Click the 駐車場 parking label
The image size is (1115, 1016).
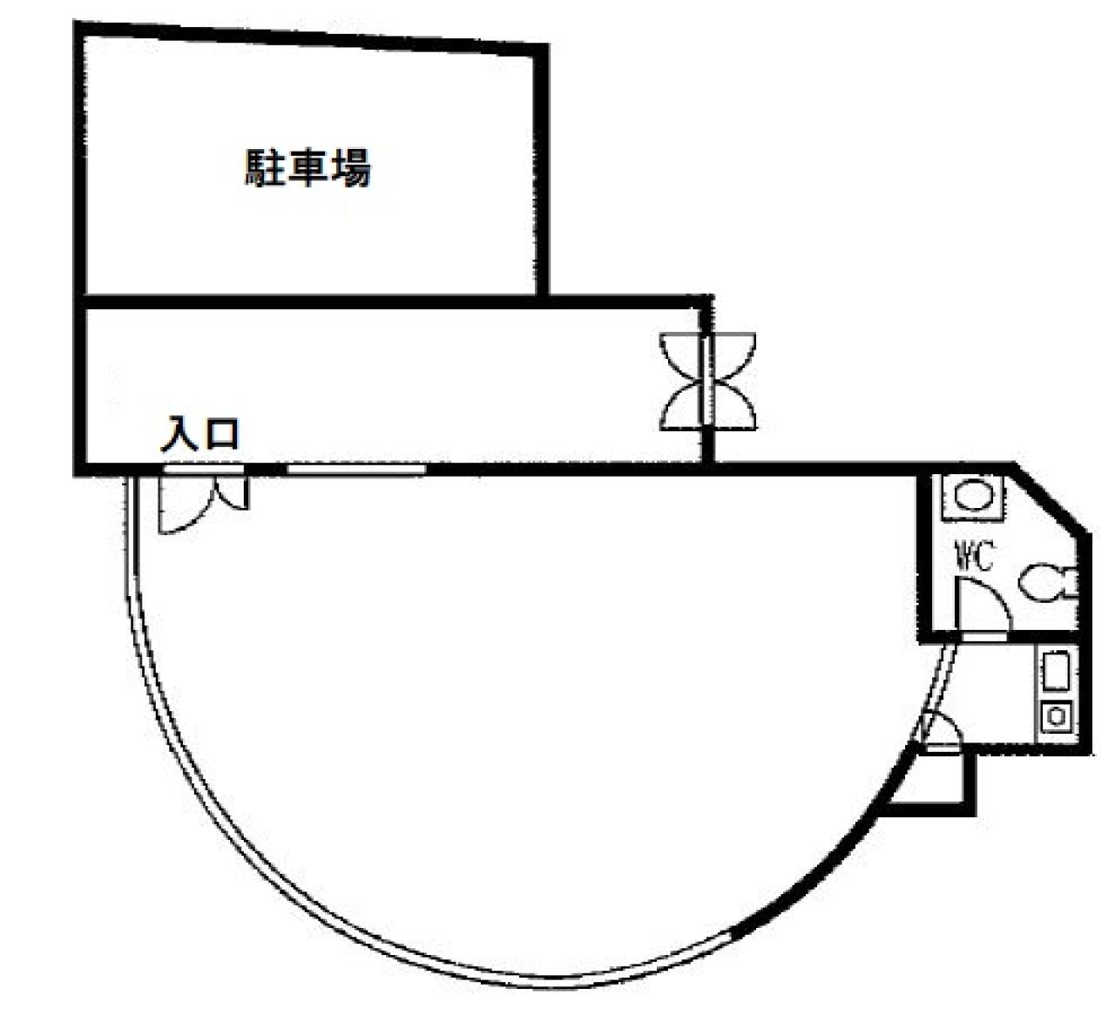(307, 168)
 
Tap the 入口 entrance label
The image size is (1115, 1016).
(200, 433)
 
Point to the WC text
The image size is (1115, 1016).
(975, 555)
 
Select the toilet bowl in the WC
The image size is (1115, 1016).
(1045, 583)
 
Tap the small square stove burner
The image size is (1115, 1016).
(1057, 716)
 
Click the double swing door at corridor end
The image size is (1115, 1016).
(707, 381)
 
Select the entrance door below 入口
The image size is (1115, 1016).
(202, 501)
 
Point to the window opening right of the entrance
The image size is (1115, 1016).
(356, 470)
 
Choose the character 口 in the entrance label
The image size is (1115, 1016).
(222, 434)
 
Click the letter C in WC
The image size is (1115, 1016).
(983, 556)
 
